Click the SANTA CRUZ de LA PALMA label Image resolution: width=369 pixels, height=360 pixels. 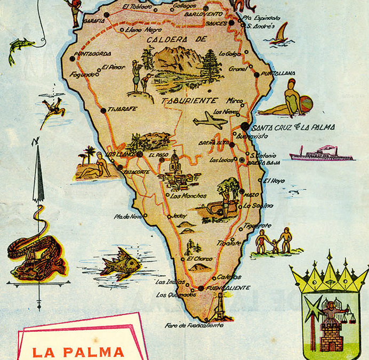293,127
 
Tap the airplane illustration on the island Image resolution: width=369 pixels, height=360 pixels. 210,121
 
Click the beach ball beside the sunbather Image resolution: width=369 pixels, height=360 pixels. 304,103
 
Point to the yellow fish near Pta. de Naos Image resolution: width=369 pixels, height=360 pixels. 121,263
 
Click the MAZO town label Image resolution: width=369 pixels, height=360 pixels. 252,195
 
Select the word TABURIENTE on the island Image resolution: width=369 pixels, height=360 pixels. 190,100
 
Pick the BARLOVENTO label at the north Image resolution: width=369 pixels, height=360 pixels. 203,14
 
